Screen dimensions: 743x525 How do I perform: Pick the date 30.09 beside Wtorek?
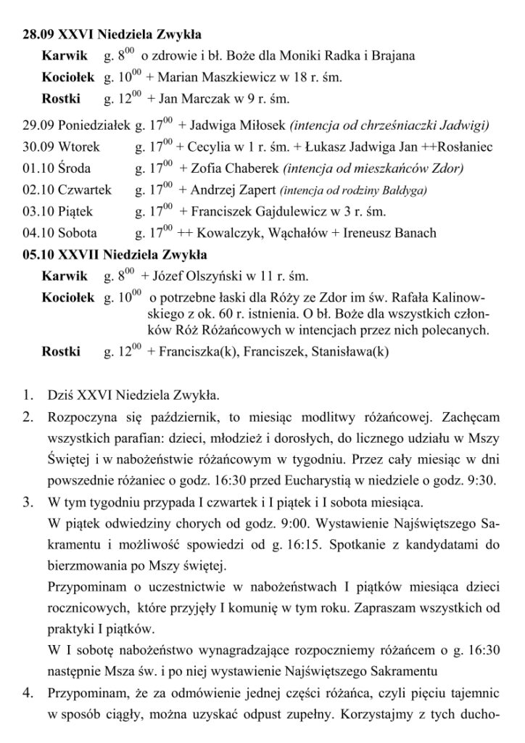point(36,147)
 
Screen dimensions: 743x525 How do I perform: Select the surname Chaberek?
point(253,168)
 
